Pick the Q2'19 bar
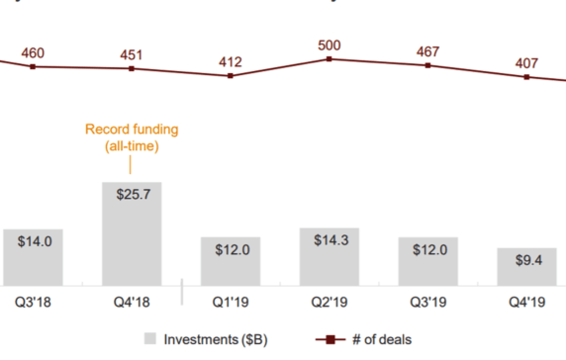pyautogui.click(x=330, y=254)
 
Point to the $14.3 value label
pyautogui.click(x=330, y=242)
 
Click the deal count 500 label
pyautogui.click(x=330, y=45)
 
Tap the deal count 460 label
pyautogui.click(x=33, y=52)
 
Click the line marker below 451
pyautogui.click(x=132, y=68)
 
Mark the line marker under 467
pyautogui.click(x=428, y=65)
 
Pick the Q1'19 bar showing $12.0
pyautogui.click(x=231, y=259)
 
